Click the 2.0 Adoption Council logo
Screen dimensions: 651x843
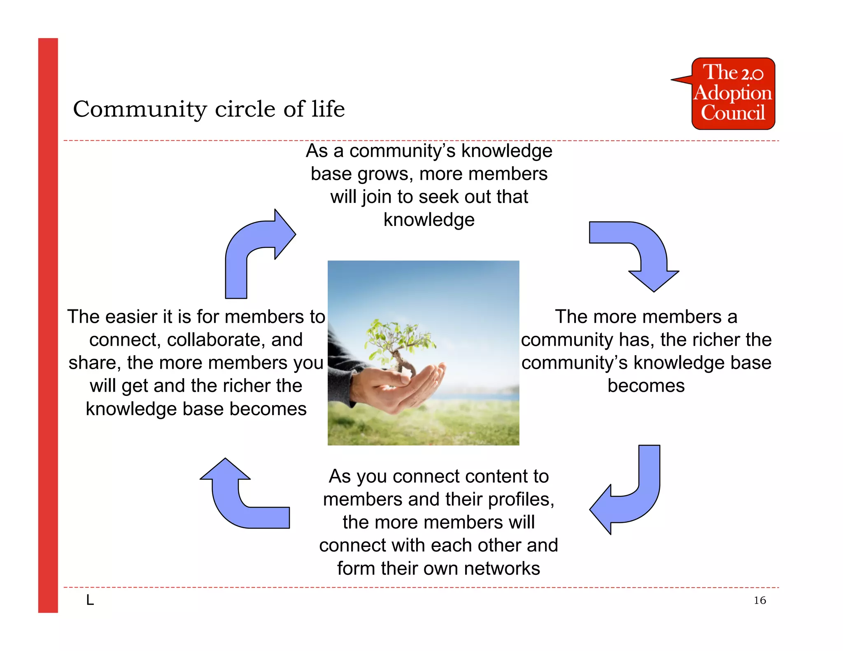click(733, 94)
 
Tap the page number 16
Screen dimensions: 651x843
click(759, 600)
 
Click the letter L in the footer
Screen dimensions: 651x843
click(90, 600)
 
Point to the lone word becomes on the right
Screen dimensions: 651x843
click(646, 386)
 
